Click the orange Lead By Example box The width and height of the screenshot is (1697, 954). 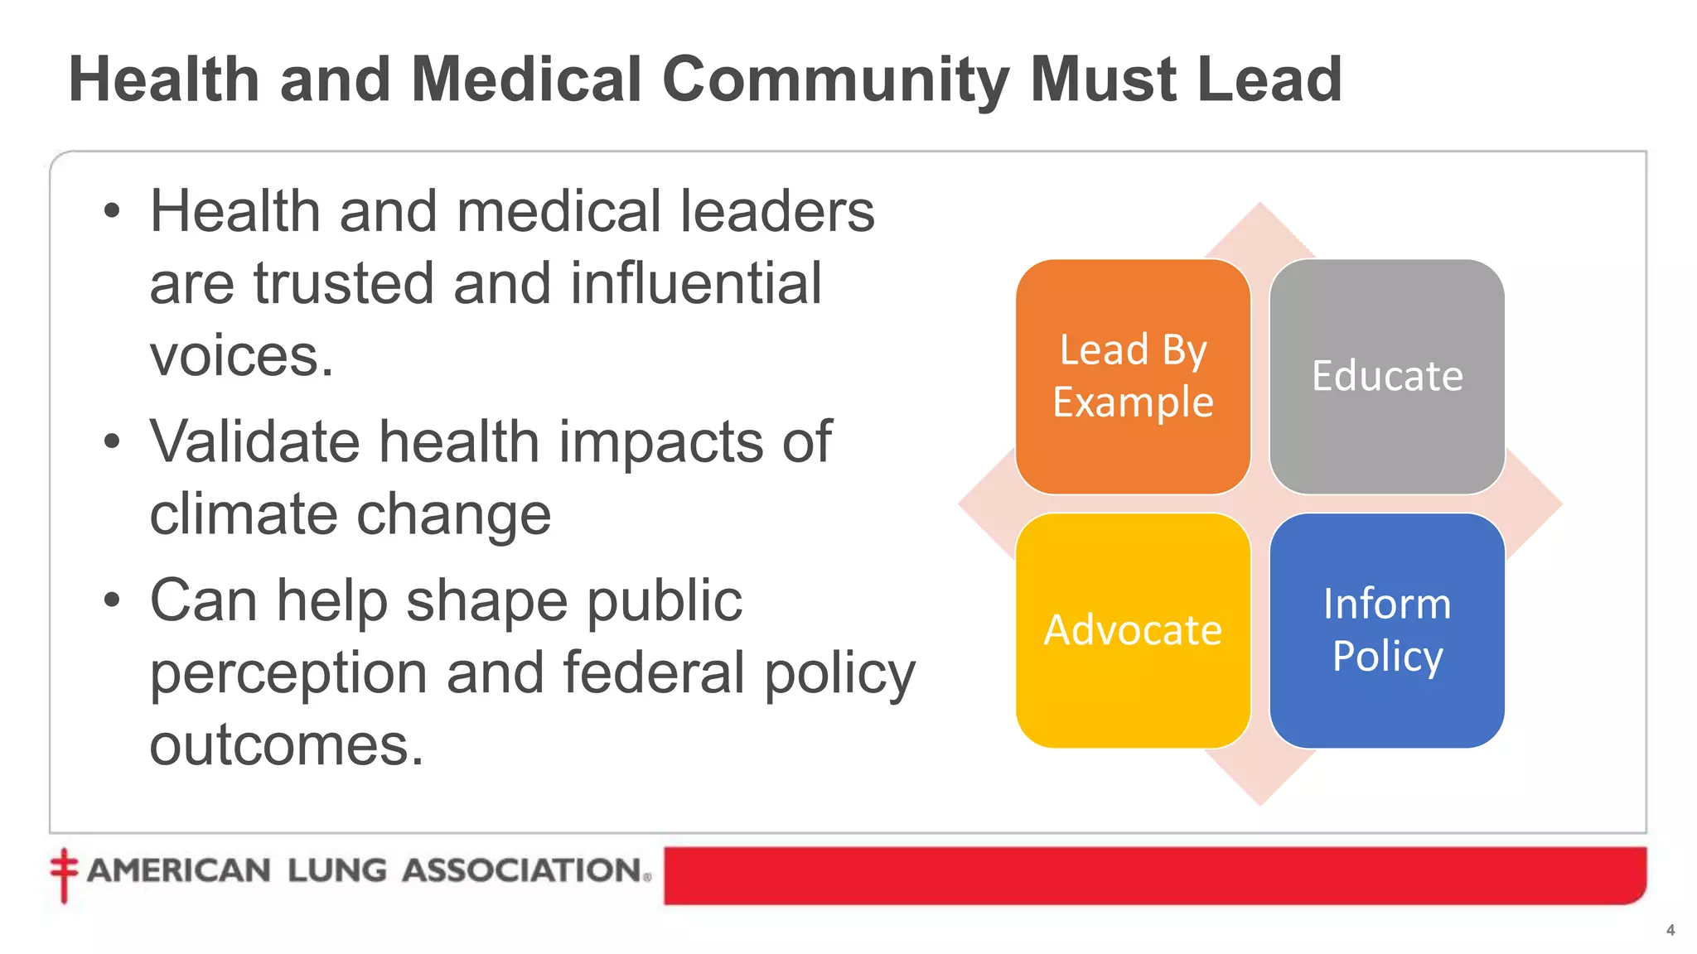[x=1133, y=376]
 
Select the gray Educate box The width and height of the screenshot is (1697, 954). [x=1387, y=376]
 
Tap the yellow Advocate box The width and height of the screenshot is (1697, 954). [x=1133, y=630]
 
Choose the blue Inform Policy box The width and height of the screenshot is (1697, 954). [x=1387, y=630]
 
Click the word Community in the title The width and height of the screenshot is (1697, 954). [x=835, y=79]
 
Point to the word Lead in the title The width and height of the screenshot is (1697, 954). [x=1269, y=79]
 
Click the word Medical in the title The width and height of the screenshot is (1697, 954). [x=526, y=79]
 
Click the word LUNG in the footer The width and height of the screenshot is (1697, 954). [x=336, y=870]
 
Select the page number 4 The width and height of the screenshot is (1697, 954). [x=1670, y=930]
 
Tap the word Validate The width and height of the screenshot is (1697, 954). [x=254, y=441]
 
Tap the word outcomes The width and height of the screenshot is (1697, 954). [x=286, y=744]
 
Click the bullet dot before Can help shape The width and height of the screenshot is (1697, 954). [x=112, y=600]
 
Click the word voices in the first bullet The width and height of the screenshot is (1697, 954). [x=240, y=356]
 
